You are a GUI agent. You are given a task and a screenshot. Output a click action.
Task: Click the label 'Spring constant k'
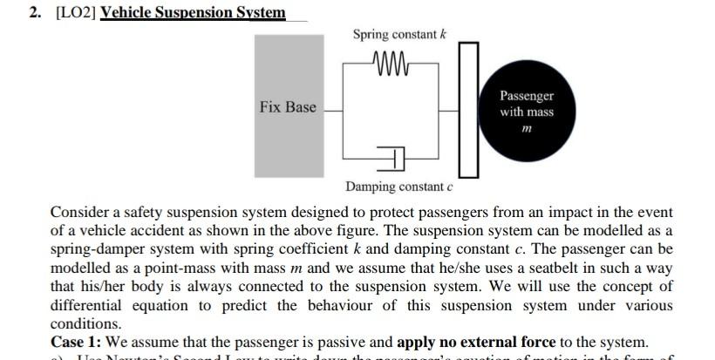399,34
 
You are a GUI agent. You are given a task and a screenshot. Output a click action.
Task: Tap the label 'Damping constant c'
399,187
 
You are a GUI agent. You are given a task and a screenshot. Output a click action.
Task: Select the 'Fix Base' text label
288,107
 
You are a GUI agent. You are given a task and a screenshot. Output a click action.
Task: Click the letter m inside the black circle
526,129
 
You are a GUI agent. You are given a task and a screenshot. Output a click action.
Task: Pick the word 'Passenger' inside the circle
527,96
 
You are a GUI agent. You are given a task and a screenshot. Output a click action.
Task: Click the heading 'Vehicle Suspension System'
193,12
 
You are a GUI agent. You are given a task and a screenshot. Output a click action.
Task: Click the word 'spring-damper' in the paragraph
95,249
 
